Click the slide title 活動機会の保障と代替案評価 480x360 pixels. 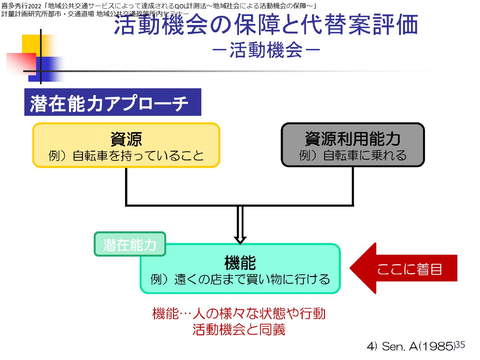click(266, 25)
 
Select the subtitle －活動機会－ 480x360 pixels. click(266, 50)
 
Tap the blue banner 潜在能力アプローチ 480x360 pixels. click(112, 102)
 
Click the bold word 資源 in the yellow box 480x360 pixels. click(126, 139)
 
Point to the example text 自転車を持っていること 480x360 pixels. click(138, 156)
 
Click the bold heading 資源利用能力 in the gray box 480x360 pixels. click(352, 139)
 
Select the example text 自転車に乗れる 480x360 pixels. click(365, 155)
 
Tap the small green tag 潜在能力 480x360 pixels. click(130, 244)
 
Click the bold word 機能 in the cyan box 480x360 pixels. click(240, 263)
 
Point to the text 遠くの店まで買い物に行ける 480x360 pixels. click(252, 279)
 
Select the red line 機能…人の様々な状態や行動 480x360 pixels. click(239, 313)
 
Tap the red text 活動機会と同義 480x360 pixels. click(239, 330)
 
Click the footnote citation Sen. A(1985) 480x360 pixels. click(418, 347)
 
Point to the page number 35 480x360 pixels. click(460, 345)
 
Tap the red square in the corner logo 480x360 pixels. click(21, 63)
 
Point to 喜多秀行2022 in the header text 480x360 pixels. click(21, 6)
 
